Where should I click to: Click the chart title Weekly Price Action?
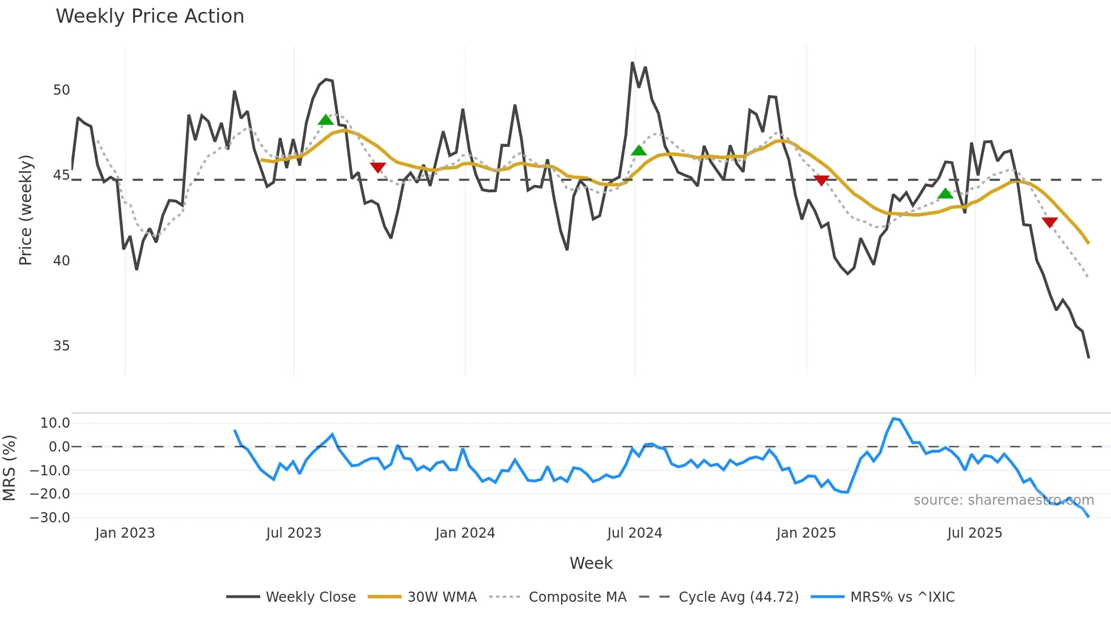(150, 16)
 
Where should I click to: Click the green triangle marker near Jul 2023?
(326, 120)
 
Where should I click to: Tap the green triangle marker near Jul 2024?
(639, 150)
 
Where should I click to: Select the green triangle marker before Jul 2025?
(945, 193)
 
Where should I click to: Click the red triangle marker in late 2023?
(378, 167)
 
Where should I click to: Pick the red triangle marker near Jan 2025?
(821, 180)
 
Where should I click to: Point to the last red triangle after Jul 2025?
(1050, 222)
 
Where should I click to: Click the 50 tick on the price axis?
(61, 90)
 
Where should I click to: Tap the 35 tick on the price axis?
(61, 346)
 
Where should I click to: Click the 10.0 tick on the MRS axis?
(55, 423)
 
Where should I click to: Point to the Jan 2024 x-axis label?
(465, 533)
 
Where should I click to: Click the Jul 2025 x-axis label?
(974, 533)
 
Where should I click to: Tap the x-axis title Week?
(591, 563)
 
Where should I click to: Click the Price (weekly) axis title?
(26, 210)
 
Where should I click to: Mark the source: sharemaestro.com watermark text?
(1003, 500)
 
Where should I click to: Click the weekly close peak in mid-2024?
(633, 63)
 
